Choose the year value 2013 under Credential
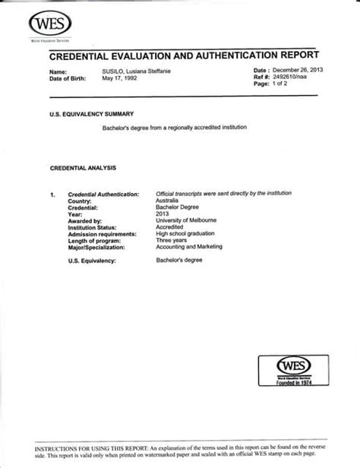163,214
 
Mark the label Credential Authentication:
103,194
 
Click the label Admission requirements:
103,234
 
